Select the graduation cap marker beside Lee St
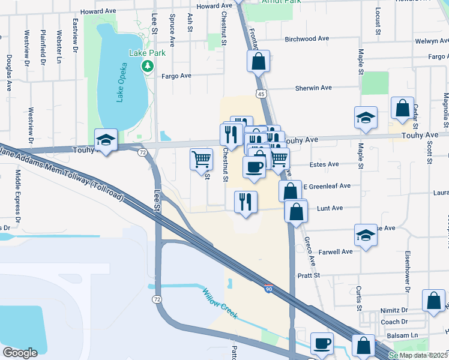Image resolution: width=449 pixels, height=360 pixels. [106, 141]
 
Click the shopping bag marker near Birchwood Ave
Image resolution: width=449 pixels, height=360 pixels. [258, 62]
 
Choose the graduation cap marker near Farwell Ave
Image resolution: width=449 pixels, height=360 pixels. [366, 236]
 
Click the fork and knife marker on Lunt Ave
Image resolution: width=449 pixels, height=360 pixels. [246, 202]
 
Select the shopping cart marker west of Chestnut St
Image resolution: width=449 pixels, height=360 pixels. [202, 160]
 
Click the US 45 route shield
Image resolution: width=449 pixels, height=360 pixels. [260, 94]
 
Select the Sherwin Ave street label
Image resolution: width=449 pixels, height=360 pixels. [313, 88]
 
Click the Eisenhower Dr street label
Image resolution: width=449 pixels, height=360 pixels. [408, 271]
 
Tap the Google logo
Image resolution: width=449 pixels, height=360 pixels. [20, 353]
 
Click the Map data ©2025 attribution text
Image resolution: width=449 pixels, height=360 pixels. [424, 355]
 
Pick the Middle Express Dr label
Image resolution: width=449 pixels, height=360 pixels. [18, 192]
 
